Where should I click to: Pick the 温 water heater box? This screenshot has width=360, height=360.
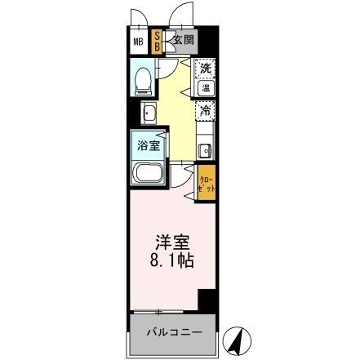[x=207, y=87]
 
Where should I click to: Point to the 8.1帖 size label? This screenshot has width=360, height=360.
[x=171, y=264]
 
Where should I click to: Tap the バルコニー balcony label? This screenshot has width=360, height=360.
[x=171, y=333]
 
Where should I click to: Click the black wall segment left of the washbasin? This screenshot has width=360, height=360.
[x=131, y=112]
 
